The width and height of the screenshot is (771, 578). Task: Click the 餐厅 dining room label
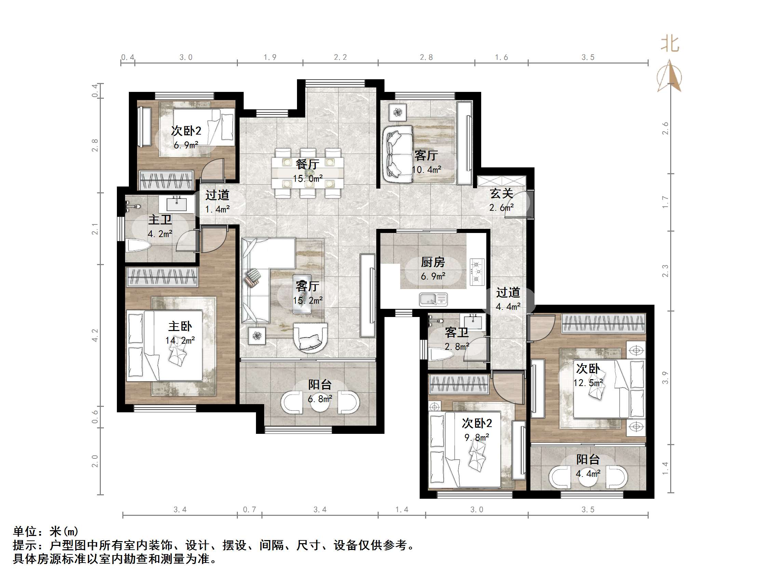(x=307, y=164)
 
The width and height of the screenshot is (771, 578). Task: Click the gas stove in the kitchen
(x=477, y=271)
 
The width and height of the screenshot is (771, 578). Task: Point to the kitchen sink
(x=433, y=299)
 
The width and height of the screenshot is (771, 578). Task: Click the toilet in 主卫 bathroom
(x=138, y=246)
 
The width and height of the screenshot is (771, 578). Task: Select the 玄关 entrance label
(x=501, y=193)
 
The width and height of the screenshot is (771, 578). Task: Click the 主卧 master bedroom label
(x=180, y=327)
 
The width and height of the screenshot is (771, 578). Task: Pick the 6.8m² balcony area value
(x=320, y=399)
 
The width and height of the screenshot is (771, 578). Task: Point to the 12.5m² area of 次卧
(x=588, y=383)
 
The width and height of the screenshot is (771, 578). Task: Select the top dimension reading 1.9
(x=270, y=57)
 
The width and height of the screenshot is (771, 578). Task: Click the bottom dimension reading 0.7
(x=249, y=509)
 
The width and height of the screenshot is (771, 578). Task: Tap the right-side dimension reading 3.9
(x=665, y=378)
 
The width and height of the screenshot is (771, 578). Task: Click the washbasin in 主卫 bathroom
(x=176, y=204)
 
